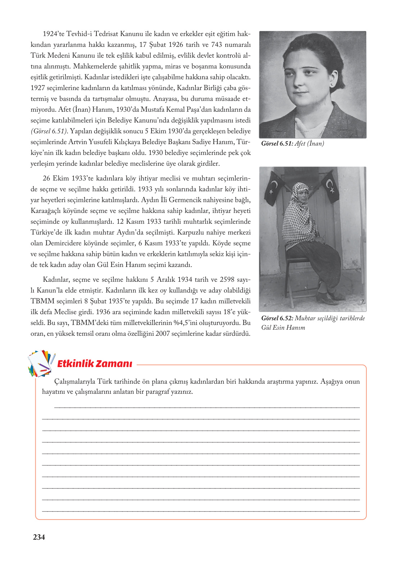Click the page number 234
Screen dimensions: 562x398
39,537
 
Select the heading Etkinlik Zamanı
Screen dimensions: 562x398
95,363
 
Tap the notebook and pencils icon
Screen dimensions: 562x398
41,363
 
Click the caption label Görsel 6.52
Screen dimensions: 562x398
277,318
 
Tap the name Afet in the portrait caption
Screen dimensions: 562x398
300,143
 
